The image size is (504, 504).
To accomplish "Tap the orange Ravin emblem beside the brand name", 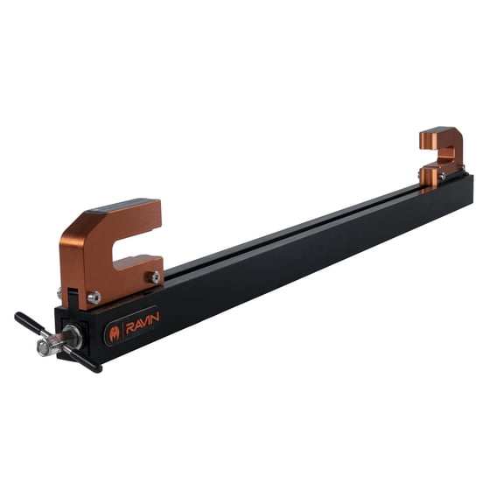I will click(x=115, y=333).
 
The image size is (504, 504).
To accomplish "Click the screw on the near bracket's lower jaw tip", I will click(x=154, y=276).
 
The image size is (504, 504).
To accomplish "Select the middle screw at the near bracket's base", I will click(x=94, y=297).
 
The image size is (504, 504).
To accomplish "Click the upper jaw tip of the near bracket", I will click(x=149, y=219).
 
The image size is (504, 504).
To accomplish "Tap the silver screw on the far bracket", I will click(x=443, y=176).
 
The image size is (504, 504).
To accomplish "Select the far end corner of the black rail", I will click(x=471, y=179).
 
